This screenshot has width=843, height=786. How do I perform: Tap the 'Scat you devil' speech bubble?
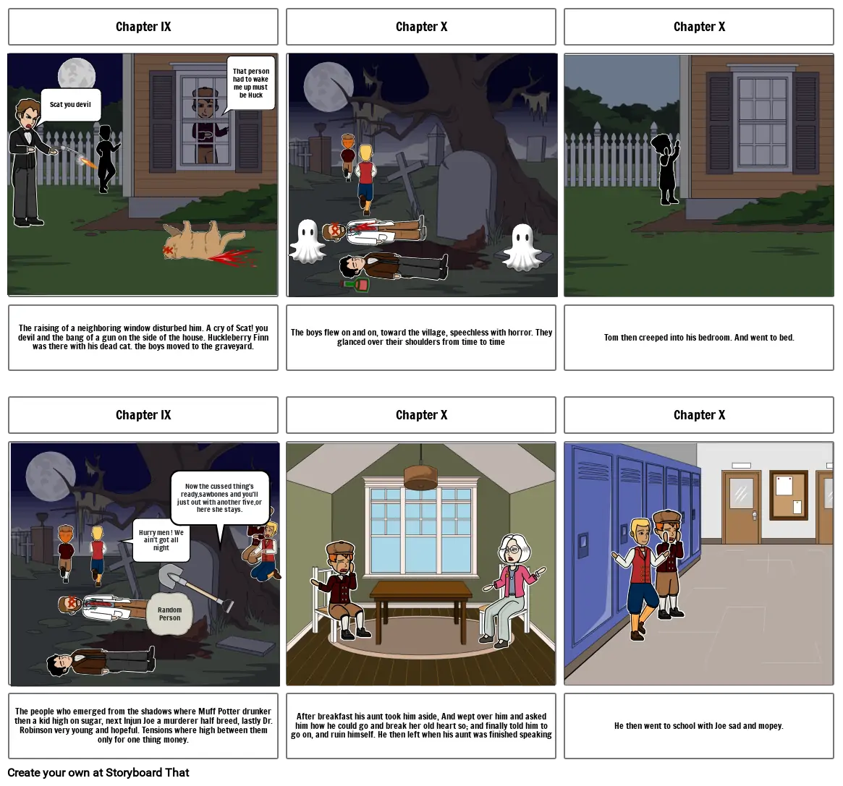[x=70, y=105]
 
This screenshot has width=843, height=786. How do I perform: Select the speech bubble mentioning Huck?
[x=251, y=83]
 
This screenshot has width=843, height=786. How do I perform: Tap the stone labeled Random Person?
[x=169, y=614]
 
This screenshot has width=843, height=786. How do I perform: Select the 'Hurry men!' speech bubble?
[x=161, y=539]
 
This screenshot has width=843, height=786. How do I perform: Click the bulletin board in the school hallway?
[x=787, y=495]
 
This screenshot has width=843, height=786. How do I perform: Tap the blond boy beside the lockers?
[x=638, y=576]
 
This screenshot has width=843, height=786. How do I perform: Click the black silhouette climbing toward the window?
[x=666, y=168]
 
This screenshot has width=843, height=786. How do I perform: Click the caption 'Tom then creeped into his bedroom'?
[x=699, y=338]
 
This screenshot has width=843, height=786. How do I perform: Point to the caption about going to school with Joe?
[x=699, y=725]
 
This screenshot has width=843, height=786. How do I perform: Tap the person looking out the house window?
[x=206, y=123]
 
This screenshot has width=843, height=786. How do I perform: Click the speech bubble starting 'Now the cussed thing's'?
[x=220, y=497]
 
